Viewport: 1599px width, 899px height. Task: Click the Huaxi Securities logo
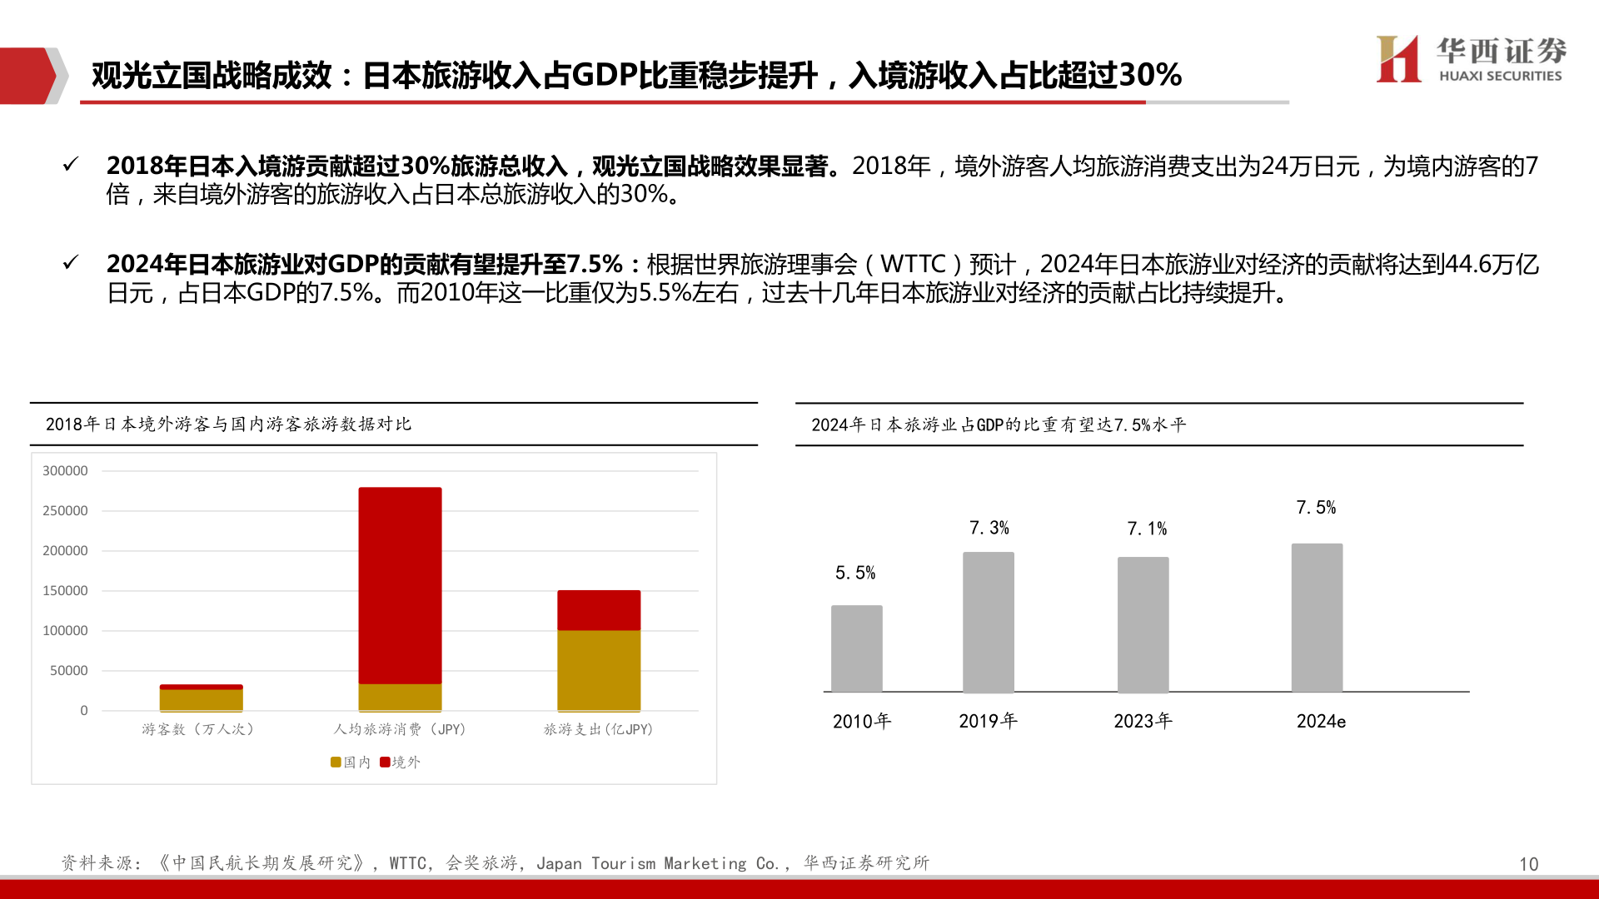(1471, 59)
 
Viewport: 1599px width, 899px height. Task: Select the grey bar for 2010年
(856, 648)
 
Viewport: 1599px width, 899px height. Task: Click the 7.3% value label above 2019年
(989, 528)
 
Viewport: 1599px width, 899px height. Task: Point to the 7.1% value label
(1147, 529)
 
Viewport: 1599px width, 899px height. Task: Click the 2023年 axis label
(1143, 721)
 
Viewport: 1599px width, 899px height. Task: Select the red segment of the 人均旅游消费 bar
(400, 585)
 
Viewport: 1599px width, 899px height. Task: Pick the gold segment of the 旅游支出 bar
(599, 670)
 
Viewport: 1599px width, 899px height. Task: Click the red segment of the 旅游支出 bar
(599, 610)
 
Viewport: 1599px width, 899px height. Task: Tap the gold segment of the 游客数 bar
(202, 699)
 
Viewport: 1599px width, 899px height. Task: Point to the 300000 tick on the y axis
(65, 471)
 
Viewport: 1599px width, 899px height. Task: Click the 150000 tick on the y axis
(65, 591)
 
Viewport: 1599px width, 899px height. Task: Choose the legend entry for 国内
(351, 762)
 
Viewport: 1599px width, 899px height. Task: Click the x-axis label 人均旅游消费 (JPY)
(400, 729)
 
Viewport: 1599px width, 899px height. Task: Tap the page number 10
(1528, 864)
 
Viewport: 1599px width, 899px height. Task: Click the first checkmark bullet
(71, 165)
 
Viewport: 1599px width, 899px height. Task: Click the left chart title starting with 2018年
(228, 425)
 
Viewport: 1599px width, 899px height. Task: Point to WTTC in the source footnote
(407, 863)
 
